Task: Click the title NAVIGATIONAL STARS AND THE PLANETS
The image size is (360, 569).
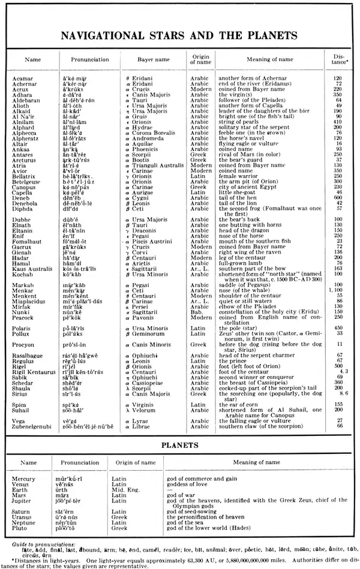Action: coord(180,34)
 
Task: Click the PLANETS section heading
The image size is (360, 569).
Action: coord(180,445)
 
